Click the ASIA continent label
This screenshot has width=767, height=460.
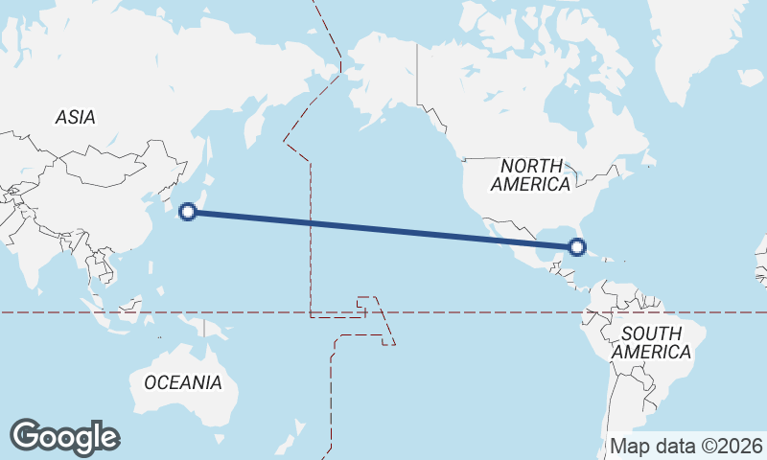pyautogui.click(x=75, y=117)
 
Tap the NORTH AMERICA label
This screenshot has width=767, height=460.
pyautogui.click(x=531, y=175)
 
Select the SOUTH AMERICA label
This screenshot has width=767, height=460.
pyautogui.click(x=652, y=342)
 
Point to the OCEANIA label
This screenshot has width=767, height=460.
pyautogui.click(x=183, y=382)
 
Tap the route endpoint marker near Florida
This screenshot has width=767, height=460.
pyautogui.click(x=577, y=247)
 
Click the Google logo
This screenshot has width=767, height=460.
pyautogui.click(x=64, y=437)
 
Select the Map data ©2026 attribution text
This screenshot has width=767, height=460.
pyautogui.click(x=687, y=447)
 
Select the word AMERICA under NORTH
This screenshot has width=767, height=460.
pyautogui.click(x=531, y=185)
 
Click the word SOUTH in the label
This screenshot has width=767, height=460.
pyautogui.click(x=652, y=333)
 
